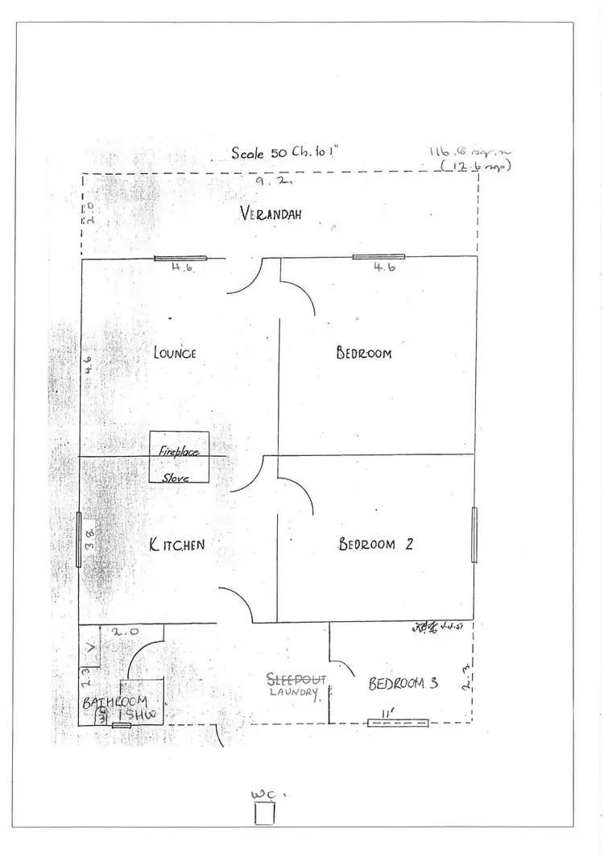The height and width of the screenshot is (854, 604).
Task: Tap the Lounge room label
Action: click(x=175, y=352)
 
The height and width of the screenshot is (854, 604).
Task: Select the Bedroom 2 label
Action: click(x=376, y=544)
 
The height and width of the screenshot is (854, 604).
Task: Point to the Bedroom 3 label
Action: click(x=403, y=684)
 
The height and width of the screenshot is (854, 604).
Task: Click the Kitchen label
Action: click(x=177, y=545)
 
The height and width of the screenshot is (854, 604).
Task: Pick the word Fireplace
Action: click(x=178, y=452)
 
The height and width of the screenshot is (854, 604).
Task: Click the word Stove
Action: click(x=176, y=478)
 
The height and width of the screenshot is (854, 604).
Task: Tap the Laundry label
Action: click(x=294, y=692)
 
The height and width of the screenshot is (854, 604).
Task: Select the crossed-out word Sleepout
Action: click(x=296, y=679)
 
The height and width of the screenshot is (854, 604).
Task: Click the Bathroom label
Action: click(x=114, y=702)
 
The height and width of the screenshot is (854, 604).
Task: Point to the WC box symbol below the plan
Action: click(x=264, y=812)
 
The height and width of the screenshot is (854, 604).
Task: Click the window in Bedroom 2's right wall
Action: click(x=474, y=534)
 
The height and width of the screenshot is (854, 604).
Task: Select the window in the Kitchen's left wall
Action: click(x=79, y=540)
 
